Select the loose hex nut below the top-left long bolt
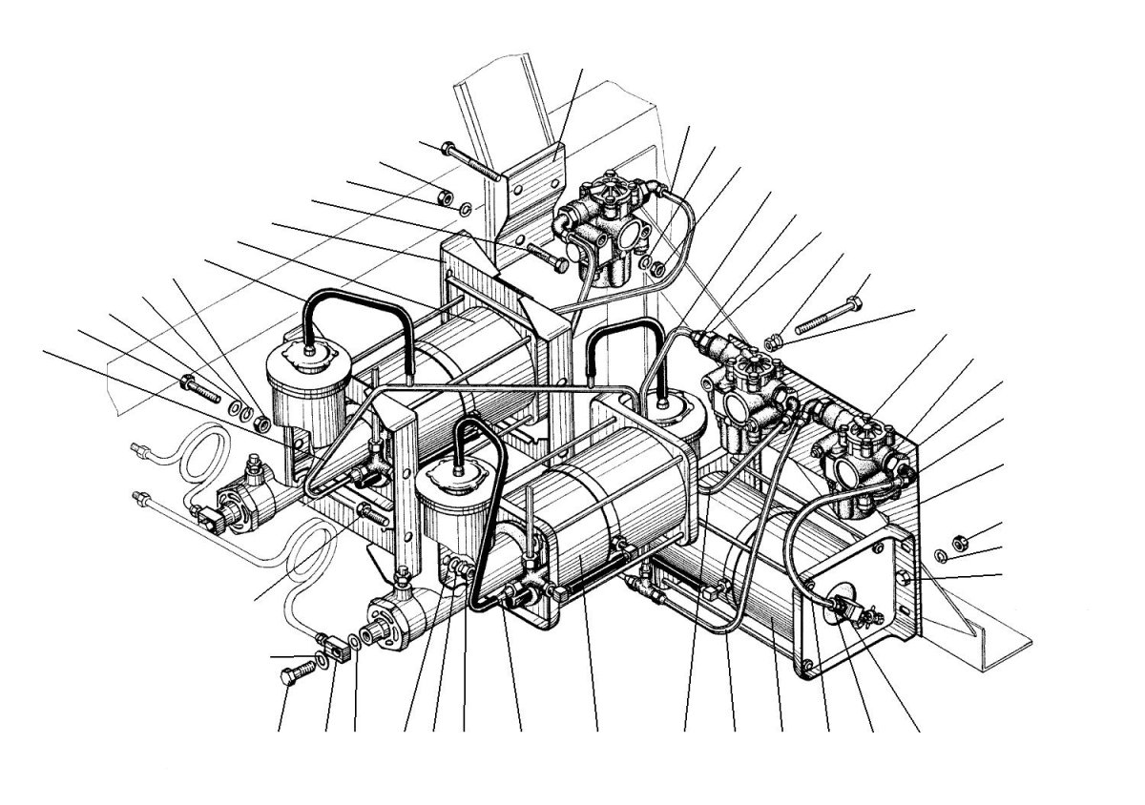(x=442, y=197)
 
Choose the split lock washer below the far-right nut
(x=939, y=557)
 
